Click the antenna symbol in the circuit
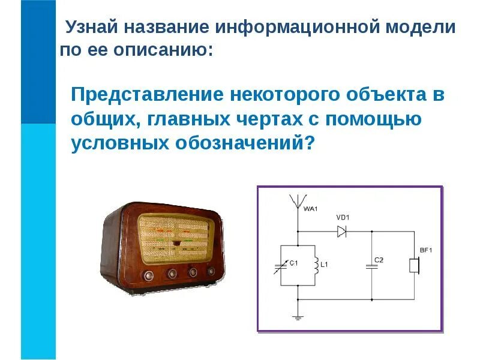click(297, 202)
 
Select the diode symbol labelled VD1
click(343, 231)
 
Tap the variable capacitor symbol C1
click(281, 265)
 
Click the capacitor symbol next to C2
click(371, 265)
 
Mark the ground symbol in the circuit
click(297, 316)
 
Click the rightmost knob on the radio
click(211, 271)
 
